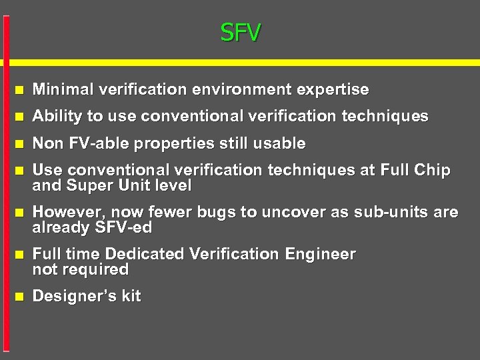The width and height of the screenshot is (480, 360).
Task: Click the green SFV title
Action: pos(241,31)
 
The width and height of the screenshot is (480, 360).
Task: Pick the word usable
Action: pos(280,143)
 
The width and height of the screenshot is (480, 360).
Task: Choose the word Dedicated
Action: pos(145,254)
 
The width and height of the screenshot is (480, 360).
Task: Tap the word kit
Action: pos(131,296)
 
